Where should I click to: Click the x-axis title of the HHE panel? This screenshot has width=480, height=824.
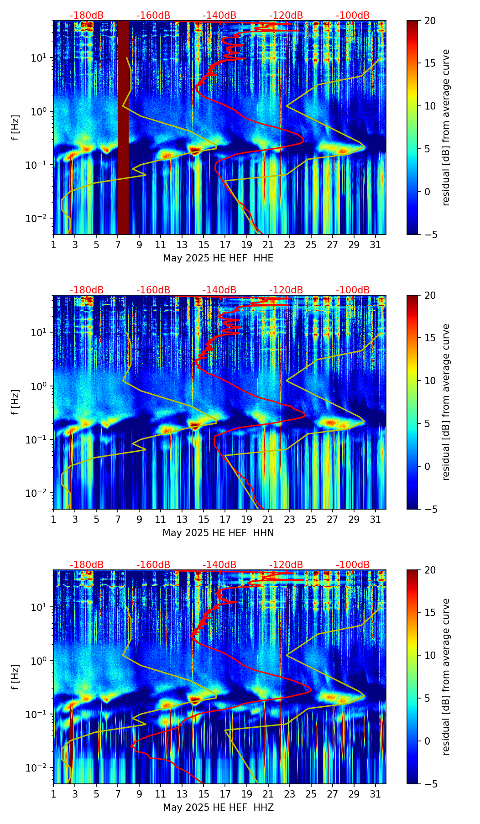coord(218,258)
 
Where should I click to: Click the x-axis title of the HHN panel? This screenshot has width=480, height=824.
coord(218,533)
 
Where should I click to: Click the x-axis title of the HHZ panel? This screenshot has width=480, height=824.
coord(218,808)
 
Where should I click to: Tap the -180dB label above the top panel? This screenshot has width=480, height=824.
coord(87,16)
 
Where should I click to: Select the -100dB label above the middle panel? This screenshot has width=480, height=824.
coord(353,290)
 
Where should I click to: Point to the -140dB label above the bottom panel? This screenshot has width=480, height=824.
coord(219,565)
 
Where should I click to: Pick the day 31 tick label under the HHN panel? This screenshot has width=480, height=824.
coord(375,520)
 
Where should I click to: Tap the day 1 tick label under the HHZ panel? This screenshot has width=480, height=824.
coord(53,794)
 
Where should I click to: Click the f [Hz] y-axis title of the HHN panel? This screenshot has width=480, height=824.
coord(16,402)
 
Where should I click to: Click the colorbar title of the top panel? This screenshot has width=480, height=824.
coord(446,127)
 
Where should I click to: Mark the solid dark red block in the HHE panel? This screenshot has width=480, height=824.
coord(123,127)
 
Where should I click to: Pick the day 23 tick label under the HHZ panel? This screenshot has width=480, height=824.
coord(289,794)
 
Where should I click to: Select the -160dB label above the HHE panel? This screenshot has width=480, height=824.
coord(153,16)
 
